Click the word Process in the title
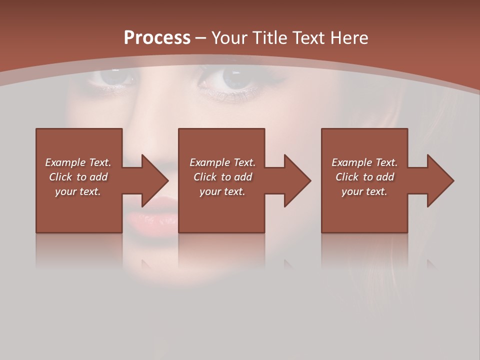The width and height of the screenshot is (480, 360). pos(157,38)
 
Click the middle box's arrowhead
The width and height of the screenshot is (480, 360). pos(296,180)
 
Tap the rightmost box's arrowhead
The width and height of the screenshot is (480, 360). pos(439,180)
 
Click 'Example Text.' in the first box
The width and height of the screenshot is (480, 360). pos(78,162)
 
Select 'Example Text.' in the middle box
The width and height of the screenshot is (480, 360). pos(222,162)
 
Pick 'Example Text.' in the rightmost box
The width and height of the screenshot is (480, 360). pos(364,162)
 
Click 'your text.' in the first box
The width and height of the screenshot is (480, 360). pos(78,191)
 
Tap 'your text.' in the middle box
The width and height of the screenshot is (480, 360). pos(222,191)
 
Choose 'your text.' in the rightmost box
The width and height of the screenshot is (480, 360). pos(364,191)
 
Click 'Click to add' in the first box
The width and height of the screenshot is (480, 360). pos(78,177)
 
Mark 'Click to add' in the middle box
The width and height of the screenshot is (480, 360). pos(222,177)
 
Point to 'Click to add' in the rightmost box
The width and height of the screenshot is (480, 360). pos(364,177)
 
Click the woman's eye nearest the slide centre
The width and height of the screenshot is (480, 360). pos(233,78)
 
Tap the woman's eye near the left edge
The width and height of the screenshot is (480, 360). pos(113,77)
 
